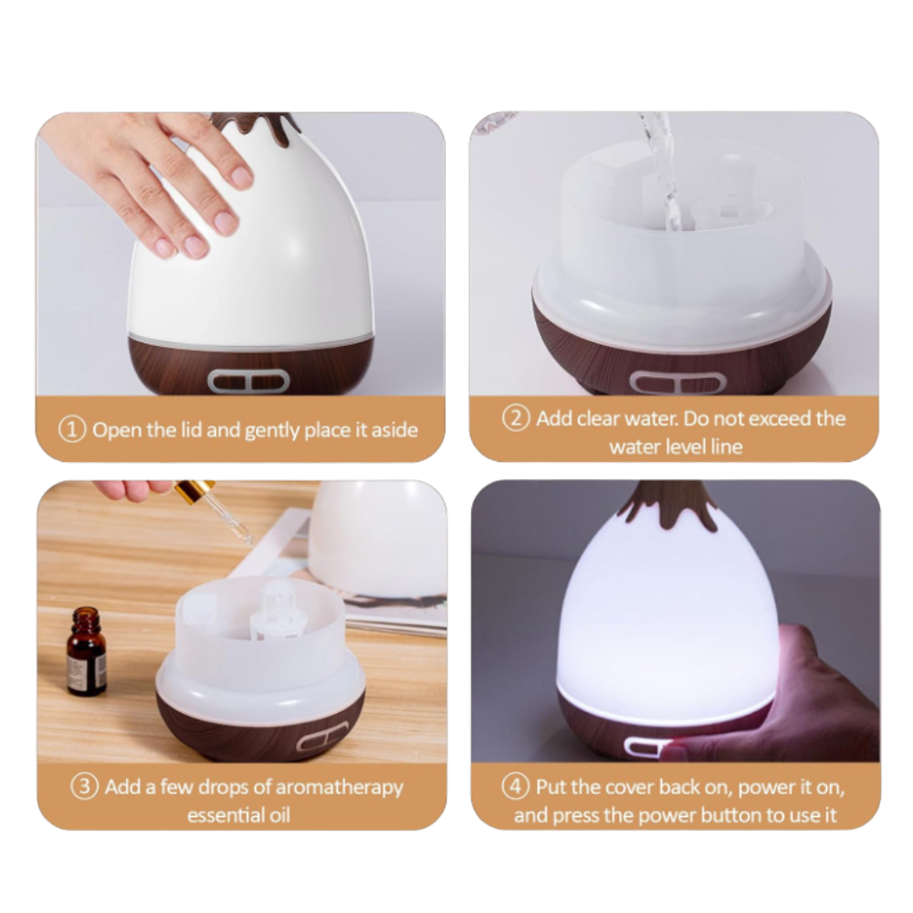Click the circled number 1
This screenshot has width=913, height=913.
click(72, 430)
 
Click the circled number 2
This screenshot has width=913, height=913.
click(516, 418)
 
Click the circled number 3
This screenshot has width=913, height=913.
click(84, 787)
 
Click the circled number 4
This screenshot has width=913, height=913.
click(516, 787)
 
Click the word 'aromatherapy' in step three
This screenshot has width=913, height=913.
click(340, 788)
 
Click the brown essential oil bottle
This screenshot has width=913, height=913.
click(86, 651)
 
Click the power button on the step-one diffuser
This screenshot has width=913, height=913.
click(248, 382)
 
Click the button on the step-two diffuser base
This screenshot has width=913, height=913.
click(678, 383)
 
